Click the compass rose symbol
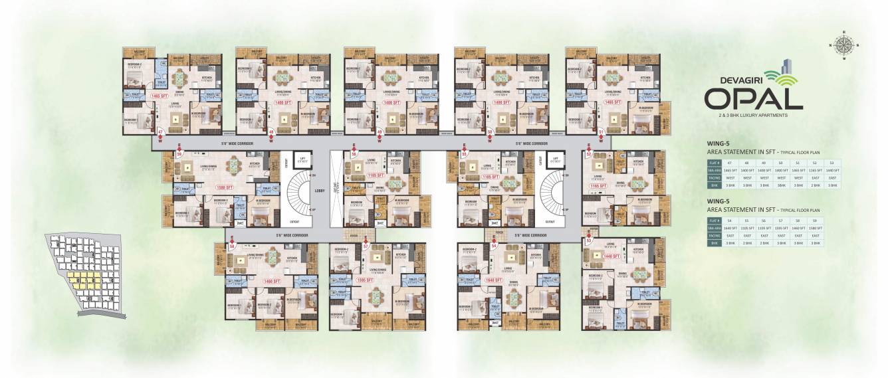(x=844, y=45)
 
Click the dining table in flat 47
(x=178, y=77)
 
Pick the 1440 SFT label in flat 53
(x=612, y=256)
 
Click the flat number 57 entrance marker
(x=366, y=245)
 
